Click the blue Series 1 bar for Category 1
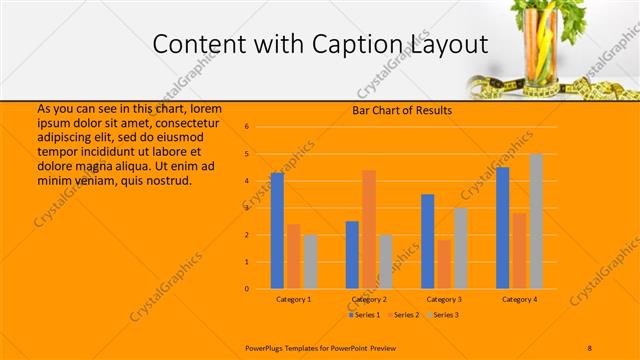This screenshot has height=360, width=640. (277, 231)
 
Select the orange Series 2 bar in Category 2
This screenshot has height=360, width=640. (369, 229)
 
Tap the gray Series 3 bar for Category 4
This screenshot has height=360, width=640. (536, 221)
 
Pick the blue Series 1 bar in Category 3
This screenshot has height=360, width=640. (428, 241)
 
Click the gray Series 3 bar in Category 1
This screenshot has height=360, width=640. (310, 261)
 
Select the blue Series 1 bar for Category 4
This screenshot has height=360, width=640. (503, 228)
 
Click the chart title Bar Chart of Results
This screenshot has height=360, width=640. (402, 110)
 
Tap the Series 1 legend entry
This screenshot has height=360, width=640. (365, 315)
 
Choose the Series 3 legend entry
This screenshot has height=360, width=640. (443, 315)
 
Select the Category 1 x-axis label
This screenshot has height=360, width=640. (293, 299)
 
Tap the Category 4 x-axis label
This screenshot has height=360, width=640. (519, 299)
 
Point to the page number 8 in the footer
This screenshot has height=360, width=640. (590, 347)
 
